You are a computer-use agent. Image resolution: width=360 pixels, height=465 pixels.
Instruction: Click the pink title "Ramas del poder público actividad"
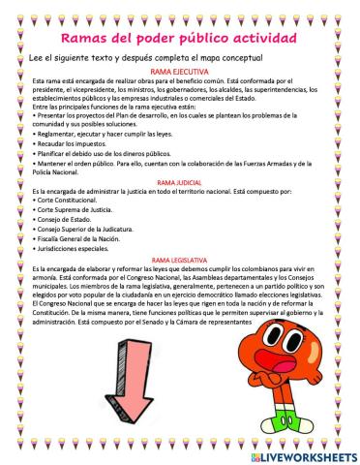179,38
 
